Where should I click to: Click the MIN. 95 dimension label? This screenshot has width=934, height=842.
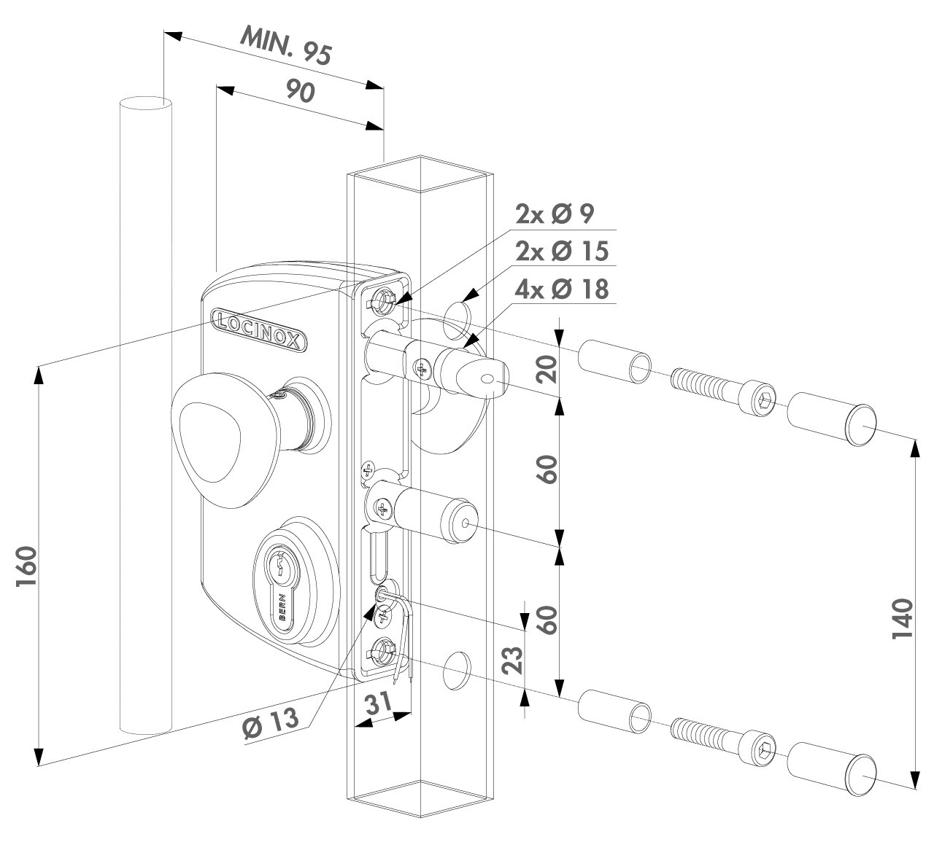point(287,46)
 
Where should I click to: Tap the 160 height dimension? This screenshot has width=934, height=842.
point(26,569)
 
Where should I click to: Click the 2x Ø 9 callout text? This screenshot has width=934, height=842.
point(555,214)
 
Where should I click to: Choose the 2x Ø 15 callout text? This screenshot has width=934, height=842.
point(561,251)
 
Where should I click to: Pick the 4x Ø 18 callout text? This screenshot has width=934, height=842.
point(561,289)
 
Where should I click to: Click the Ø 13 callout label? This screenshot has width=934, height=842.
point(270,722)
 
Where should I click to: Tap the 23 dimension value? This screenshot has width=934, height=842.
point(514,660)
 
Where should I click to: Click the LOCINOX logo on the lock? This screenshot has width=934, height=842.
point(259,328)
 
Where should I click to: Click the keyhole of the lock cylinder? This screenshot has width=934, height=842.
point(280,569)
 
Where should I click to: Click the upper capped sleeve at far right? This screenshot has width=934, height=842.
point(832,416)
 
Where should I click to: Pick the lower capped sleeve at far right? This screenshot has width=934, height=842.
point(832,768)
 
